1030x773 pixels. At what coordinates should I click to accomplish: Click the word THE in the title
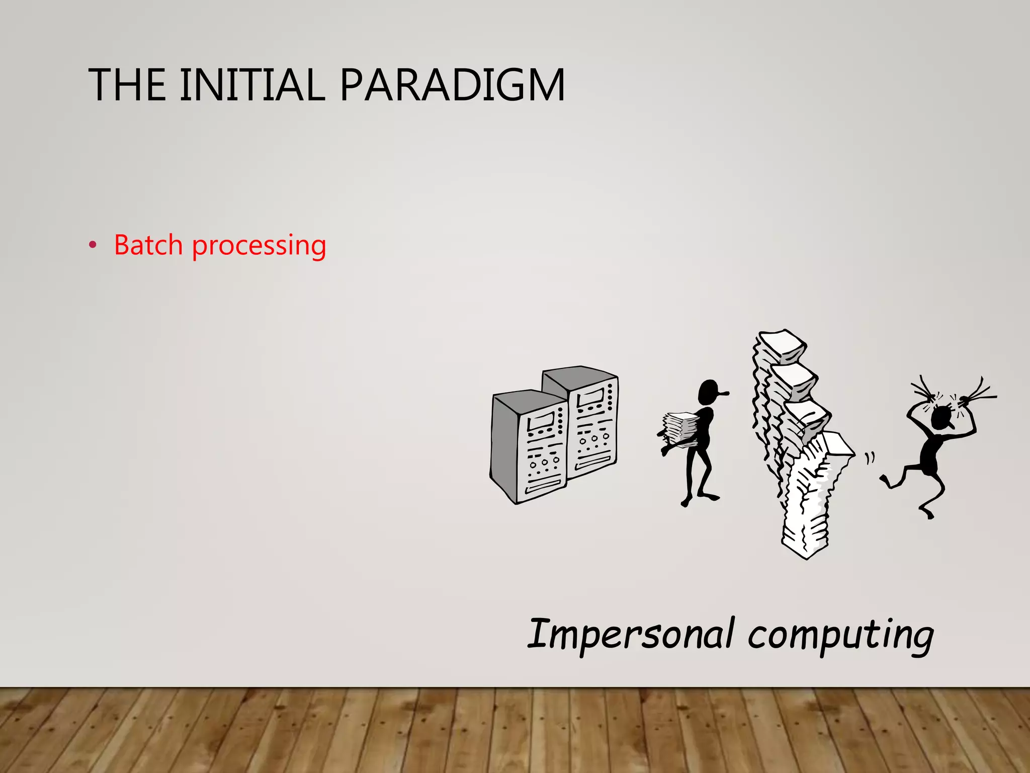tap(127, 85)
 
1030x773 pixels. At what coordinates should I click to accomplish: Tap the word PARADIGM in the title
tap(452, 85)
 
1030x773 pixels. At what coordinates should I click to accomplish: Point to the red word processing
tap(259, 246)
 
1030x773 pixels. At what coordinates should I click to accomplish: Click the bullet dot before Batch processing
tap(92, 246)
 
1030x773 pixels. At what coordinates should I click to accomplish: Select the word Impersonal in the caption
tap(631, 635)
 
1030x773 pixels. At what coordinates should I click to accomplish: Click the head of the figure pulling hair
tap(939, 418)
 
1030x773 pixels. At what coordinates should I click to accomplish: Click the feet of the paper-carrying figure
tap(699, 499)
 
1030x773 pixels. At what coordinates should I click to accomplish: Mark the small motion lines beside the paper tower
tap(870, 458)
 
